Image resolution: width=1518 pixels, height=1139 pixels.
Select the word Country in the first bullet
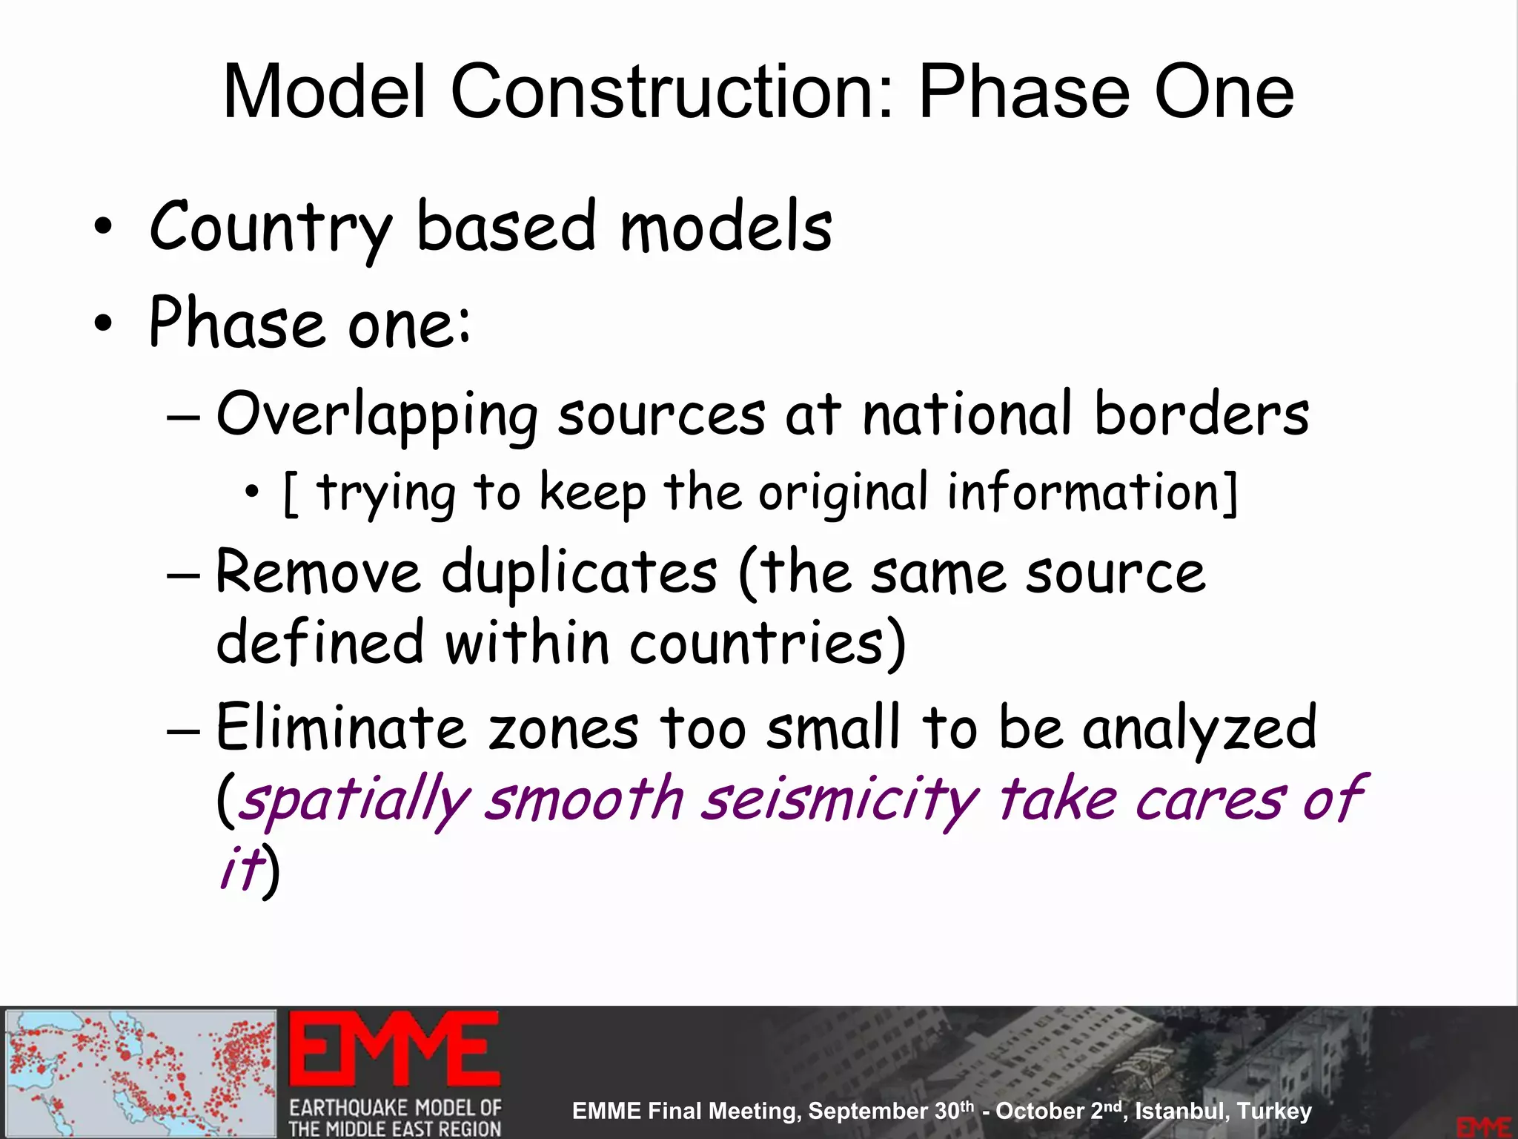(x=270, y=228)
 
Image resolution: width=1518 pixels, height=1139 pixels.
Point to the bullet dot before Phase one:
(x=104, y=323)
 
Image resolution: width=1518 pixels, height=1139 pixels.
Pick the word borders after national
(x=1202, y=413)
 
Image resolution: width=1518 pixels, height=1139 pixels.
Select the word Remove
(x=318, y=572)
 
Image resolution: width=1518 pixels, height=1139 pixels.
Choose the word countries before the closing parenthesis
(x=756, y=642)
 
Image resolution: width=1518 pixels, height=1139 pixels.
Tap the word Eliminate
(x=341, y=727)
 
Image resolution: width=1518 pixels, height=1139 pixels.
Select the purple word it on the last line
(x=241, y=868)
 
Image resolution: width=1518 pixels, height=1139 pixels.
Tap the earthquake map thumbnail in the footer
(x=141, y=1072)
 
